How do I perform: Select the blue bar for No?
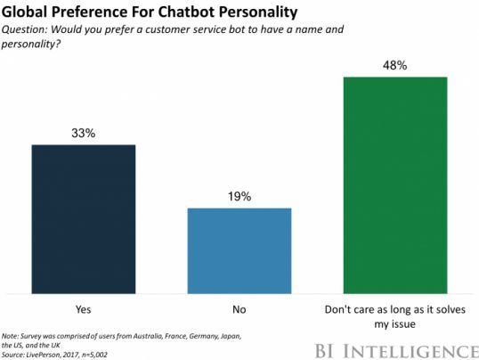point(239,250)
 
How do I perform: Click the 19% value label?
point(239,196)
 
